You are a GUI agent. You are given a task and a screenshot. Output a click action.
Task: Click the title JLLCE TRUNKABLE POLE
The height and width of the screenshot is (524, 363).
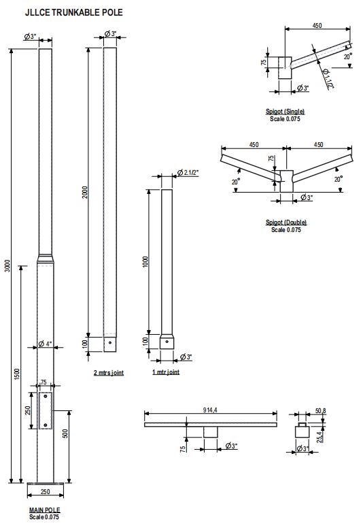point(65,12)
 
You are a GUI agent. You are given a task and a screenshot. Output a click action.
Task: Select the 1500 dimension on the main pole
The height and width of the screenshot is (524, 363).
point(18,374)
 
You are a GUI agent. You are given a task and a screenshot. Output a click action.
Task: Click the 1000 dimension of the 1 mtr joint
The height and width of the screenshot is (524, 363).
point(145,262)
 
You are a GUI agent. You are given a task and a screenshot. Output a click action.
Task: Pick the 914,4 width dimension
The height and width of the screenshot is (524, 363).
point(211,408)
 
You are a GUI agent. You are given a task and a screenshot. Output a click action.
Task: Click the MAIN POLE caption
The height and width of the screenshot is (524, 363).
point(44,510)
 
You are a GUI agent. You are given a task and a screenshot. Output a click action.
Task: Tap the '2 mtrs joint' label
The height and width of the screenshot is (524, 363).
point(109,373)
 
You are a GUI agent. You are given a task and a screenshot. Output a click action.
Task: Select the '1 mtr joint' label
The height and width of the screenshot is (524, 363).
point(166,373)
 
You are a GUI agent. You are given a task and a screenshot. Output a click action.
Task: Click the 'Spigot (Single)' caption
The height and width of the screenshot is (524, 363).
point(286,112)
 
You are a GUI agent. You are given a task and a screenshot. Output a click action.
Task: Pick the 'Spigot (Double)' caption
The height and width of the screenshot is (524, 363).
point(286,223)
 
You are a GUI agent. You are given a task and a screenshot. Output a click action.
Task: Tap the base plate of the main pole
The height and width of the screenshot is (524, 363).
point(45,485)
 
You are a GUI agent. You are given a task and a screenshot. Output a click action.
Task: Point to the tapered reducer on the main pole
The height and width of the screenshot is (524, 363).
point(45,257)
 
